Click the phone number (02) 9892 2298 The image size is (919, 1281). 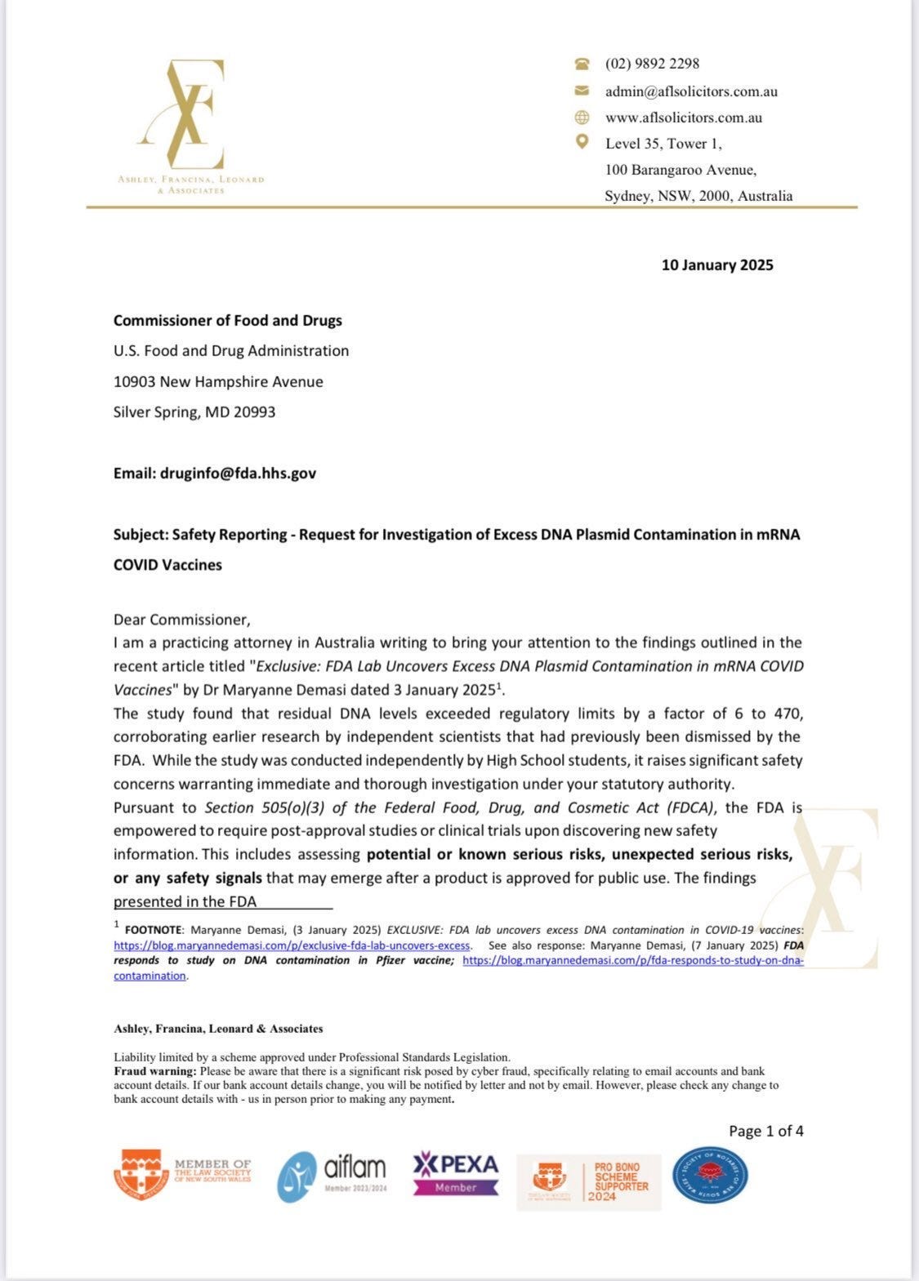point(652,64)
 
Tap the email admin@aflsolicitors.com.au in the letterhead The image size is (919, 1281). point(691,91)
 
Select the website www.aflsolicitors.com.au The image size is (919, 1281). point(684,118)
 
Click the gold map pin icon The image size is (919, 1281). point(582,142)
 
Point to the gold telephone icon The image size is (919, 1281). point(582,64)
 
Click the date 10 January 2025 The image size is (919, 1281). point(717,265)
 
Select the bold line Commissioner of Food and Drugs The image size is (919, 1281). point(227,321)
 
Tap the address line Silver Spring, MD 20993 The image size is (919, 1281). point(194,412)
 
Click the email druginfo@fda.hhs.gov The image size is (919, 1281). point(238,474)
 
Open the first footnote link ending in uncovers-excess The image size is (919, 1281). point(292,945)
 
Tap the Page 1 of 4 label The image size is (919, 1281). point(765,1132)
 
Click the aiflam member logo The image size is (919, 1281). point(332,1176)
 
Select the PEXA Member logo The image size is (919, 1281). point(455,1174)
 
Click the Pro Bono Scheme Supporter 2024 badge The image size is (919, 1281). point(589,1181)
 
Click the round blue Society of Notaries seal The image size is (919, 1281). point(709,1176)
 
